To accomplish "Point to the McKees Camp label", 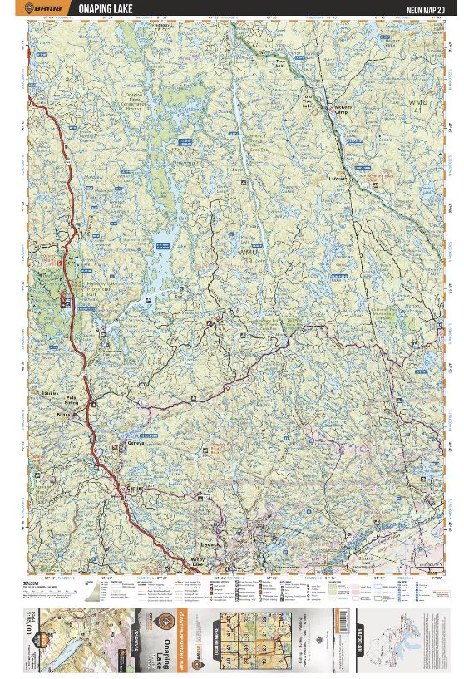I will click(x=343, y=111).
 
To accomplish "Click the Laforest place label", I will click(x=337, y=178).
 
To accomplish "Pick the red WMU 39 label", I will click(x=249, y=253).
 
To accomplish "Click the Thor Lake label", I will click(x=281, y=63).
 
